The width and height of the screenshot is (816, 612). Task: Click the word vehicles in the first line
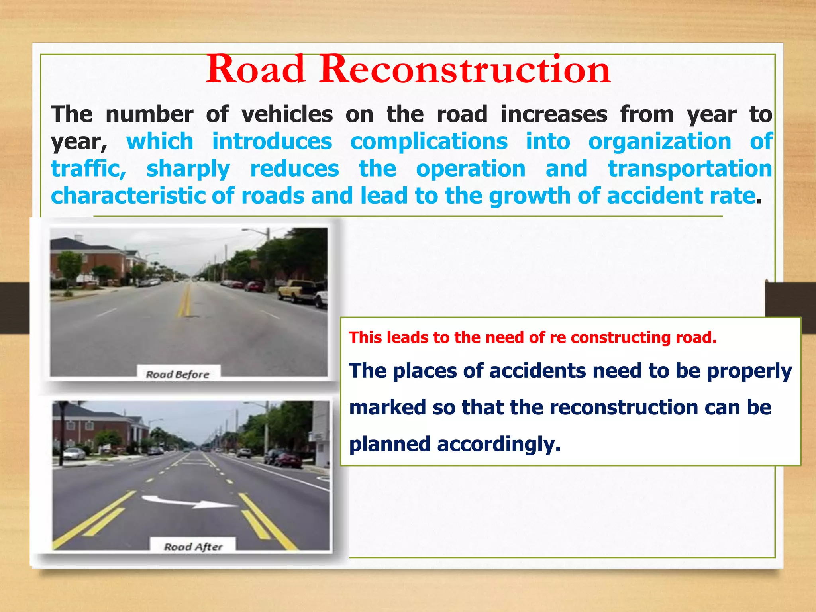pyautogui.click(x=287, y=115)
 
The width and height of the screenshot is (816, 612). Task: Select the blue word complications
pyautogui.click(x=429, y=142)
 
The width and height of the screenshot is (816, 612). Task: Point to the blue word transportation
pyautogui.click(x=690, y=169)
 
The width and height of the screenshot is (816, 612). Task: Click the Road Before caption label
pyautogui.click(x=178, y=374)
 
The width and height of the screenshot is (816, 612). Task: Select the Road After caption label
pyautogui.click(x=193, y=546)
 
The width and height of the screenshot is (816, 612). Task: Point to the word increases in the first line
pyautogui.click(x=554, y=115)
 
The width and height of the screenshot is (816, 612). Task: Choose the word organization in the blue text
pyautogui.click(x=660, y=142)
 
